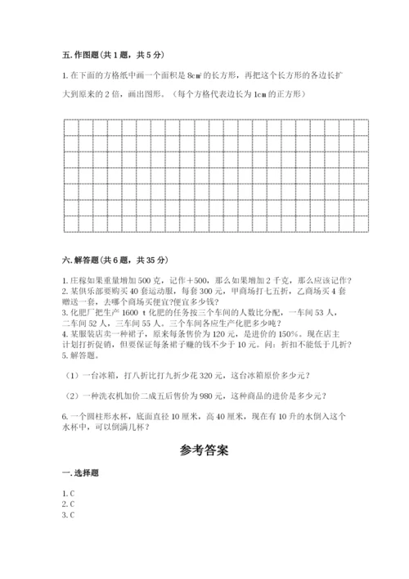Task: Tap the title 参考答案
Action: click(204, 449)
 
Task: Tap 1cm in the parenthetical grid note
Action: click(259, 94)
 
